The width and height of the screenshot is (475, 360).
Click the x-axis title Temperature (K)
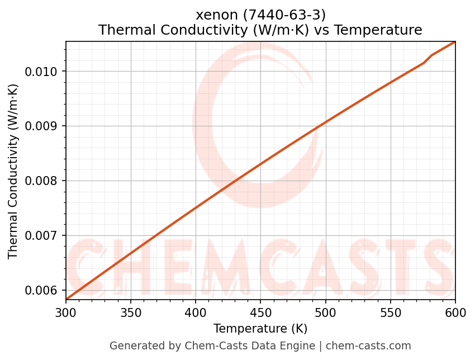coord(260,329)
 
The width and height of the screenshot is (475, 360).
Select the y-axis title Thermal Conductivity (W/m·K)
coord(13,171)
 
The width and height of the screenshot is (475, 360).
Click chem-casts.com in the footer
coord(368,346)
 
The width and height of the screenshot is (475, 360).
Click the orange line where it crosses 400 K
coord(196,207)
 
